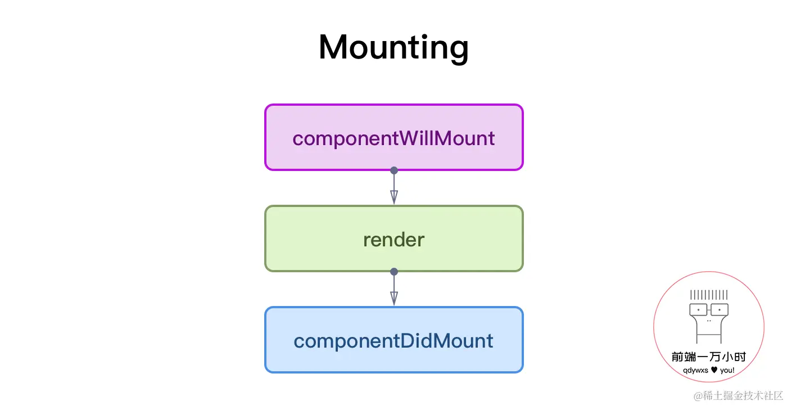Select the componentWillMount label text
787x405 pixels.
(x=393, y=138)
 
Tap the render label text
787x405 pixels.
(x=394, y=240)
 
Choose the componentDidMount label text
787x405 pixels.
(x=393, y=341)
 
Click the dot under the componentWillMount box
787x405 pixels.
(x=394, y=170)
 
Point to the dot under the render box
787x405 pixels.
(x=394, y=272)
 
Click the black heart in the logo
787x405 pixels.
(x=714, y=370)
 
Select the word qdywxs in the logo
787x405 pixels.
(x=696, y=371)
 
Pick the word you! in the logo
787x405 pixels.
(x=727, y=371)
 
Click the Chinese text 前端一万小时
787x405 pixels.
(x=709, y=357)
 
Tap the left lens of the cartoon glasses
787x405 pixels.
(x=698, y=310)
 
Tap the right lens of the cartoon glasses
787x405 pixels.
(x=720, y=310)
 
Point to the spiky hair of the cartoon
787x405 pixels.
(x=709, y=295)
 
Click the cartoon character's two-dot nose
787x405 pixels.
(x=709, y=321)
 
